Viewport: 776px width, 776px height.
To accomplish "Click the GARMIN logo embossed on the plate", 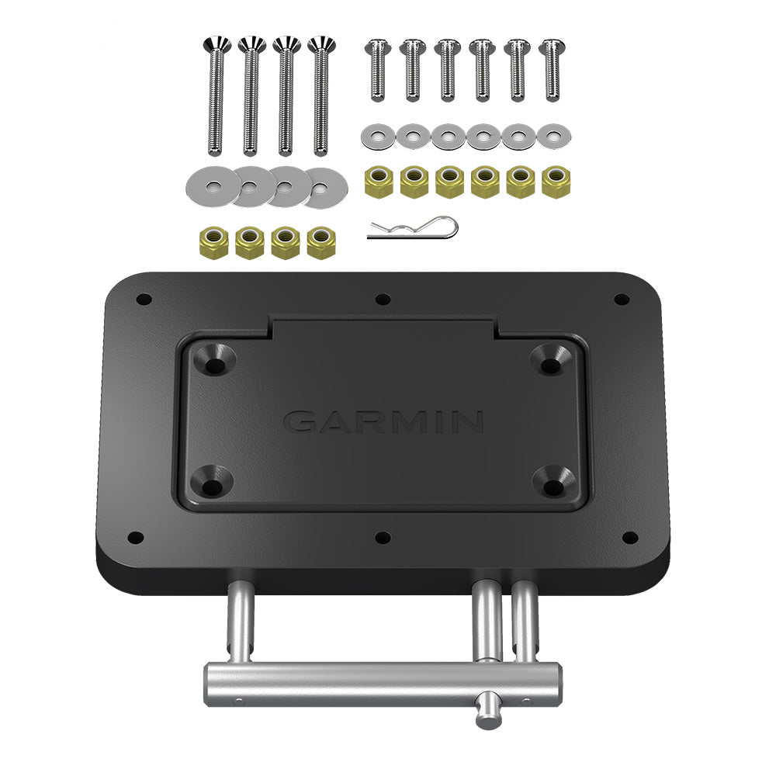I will coord(383,421).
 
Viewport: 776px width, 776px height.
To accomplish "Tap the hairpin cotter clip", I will coord(414,229).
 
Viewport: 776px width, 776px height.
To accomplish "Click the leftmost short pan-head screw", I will coord(376,70).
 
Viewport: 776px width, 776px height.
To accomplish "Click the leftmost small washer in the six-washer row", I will coord(377,137).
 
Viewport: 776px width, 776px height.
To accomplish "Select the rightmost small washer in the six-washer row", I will coord(553,137).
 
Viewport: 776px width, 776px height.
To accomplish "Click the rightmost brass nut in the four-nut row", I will coord(319,243).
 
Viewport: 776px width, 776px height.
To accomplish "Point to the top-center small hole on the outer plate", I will coord(383,299).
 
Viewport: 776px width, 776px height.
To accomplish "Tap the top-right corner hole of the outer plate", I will coord(621,299).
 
